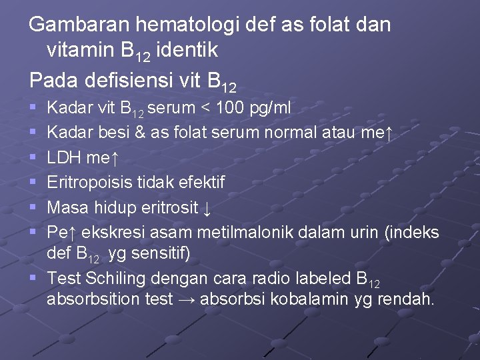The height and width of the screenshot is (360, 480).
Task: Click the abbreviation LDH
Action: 65,157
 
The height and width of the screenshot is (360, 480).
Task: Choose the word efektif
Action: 198,182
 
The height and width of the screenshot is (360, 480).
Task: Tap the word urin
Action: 359,232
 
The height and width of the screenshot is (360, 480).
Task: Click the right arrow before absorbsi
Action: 187,299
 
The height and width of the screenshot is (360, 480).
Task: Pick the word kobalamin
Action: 297,299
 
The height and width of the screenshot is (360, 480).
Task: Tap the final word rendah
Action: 405,299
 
